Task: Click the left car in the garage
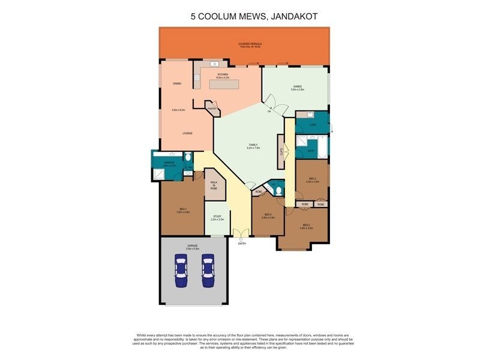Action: coord(180,271)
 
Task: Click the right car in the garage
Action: coord(208,271)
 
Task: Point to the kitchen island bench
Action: coord(224,85)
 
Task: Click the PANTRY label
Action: coord(212,109)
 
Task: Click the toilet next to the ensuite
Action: coord(187,158)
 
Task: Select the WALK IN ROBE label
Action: coord(214,185)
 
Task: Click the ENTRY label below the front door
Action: coord(242,244)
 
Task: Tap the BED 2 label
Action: coord(306,226)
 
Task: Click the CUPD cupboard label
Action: coord(281,151)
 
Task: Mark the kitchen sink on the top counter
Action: coord(214,64)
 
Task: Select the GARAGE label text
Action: coord(193,246)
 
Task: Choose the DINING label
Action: coord(177,83)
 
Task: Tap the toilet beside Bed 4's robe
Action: coord(277,190)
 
